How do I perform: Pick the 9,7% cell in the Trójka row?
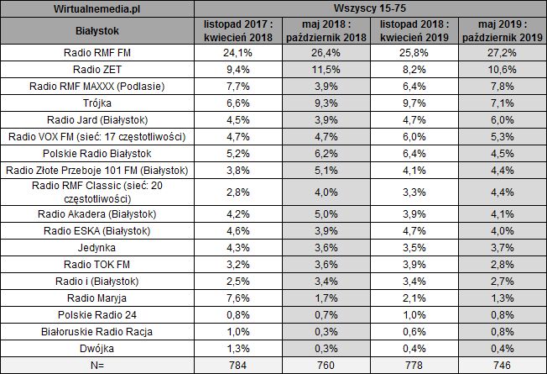[419, 103]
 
